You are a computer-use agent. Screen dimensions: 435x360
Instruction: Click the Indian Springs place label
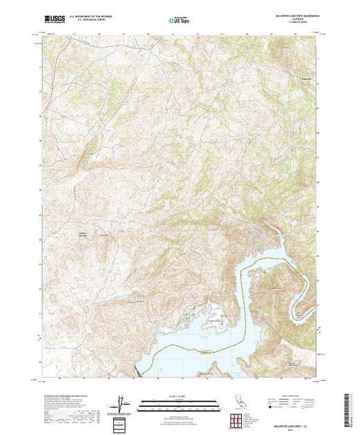[81, 235]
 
